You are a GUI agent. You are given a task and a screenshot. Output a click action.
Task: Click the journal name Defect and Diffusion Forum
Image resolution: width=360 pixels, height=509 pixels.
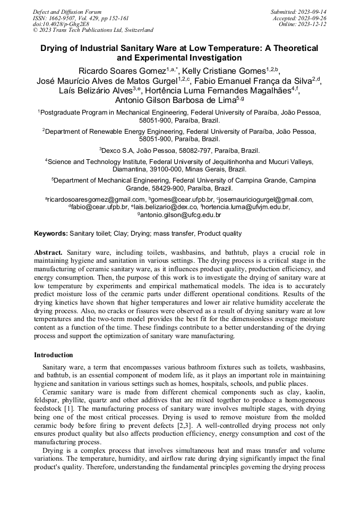[x=67, y=11]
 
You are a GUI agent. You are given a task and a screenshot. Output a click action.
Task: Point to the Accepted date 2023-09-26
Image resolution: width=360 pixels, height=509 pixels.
[x=314, y=18]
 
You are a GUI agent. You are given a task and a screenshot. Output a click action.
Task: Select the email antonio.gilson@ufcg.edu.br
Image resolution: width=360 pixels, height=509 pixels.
[x=181, y=215]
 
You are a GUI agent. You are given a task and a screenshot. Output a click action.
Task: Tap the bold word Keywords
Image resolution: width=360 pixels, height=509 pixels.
[x=51, y=233]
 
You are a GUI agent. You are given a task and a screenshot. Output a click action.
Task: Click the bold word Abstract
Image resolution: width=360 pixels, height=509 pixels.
[x=49, y=252]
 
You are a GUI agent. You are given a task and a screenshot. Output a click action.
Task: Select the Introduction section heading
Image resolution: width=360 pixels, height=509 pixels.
[x=54, y=355]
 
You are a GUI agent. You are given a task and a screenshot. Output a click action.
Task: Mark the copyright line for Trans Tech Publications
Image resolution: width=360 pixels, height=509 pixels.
[x=93, y=30]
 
